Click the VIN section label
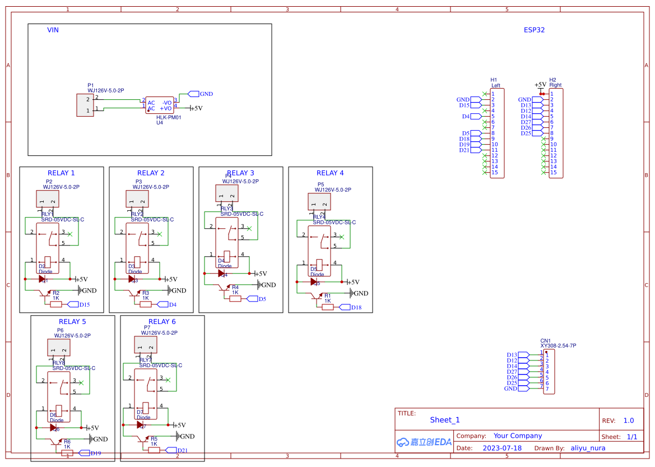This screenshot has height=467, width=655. coord(53,30)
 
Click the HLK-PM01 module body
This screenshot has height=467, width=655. coord(160,105)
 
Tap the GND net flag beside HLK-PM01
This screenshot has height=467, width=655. coord(194,94)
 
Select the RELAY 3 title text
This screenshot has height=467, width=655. coord(240,173)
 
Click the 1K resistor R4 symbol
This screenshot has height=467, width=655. coord(235,299)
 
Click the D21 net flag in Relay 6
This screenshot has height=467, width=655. coord(170,450)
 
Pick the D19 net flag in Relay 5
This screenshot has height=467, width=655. coord(84,453)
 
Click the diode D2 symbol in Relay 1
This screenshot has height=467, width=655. coord(43,279)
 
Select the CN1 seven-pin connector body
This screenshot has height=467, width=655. coord(549,372)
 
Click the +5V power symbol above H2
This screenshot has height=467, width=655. coord(541,85)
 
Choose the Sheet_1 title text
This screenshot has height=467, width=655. coord(445,420)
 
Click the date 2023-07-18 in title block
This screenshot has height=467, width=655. coord(502,448)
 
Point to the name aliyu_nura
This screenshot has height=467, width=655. coord(588,448)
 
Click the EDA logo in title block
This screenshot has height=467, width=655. coord(424,442)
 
